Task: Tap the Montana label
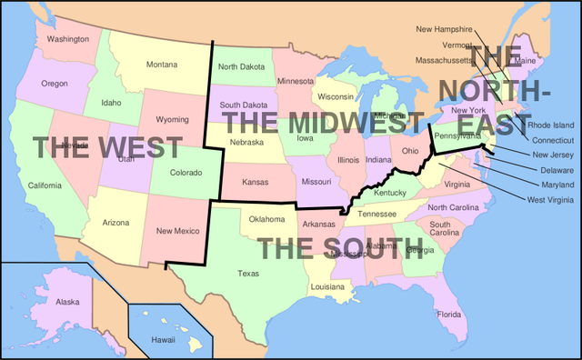pyautogui.click(x=162, y=64)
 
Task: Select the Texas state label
pyautogui.click(x=247, y=273)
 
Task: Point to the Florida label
pyautogui.click(x=449, y=315)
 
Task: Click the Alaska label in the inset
pyautogui.click(x=67, y=302)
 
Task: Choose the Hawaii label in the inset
pyautogui.click(x=163, y=339)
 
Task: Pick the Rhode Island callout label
pyautogui.click(x=551, y=125)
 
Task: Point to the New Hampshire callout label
pyautogui.click(x=445, y=29)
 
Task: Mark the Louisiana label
pyautogui.click(x=327, y=286)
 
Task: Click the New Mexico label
pyautogui.click(x=176, y=231)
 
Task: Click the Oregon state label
pyautogui.click(x=55, y=84)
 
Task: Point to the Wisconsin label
pyautogui.click(x=336, y=96)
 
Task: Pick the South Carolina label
pyautogui.click(x=445, y=228)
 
